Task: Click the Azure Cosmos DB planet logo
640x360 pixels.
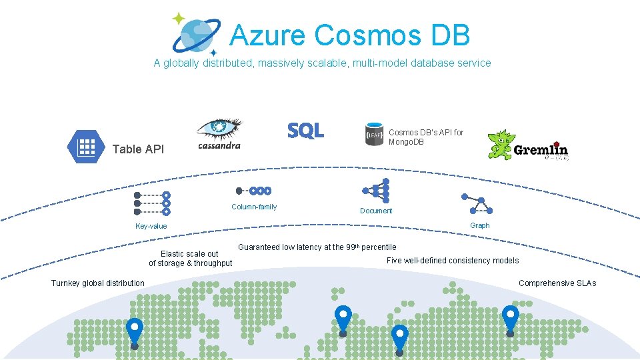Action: pyautogui.click(x=197, y=35)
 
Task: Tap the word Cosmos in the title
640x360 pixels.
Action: pyautogui.click(x=367, y=35)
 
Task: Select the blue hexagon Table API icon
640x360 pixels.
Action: pyautogui.click(x=86, y=147)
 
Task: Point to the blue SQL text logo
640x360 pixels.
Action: pyautogui.click(x=306, y=131)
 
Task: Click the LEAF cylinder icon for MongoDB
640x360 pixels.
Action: pyautogui.click(x=374, y=134)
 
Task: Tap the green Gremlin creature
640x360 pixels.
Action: pyautogui.click(x=501, y=145)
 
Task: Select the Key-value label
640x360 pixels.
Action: pyautogui.click(x=151, y=226)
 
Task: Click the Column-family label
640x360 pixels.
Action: pyautogui.click(x=254, y=207)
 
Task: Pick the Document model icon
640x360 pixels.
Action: pyautogui.click(x=376, y=191)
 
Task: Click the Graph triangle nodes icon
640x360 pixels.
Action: pyautogui.click(x=477, y=204)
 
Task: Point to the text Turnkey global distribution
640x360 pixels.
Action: pyautogui.click(x=97, y=283)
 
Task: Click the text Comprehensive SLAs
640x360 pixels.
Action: pyautogui.click(x=557, y=283)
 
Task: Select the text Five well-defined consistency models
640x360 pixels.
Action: pyautogui.click(x=453, y=261)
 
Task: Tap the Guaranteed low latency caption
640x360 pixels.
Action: pyautogui.click(x=317, y=247)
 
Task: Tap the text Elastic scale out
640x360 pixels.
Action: pyautogui.click(x=189, y=254)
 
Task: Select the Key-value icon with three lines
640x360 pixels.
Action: pyautogui.click(x=152, y=203)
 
